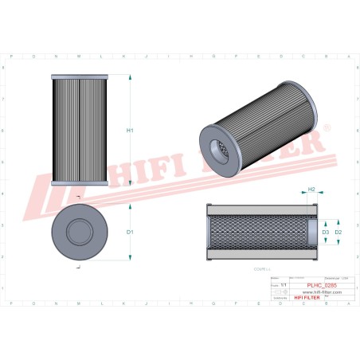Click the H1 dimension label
tap(130, 131)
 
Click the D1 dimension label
tap(130, 232)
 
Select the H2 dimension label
tap(312, 189)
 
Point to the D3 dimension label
tap(325, 233)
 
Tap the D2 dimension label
tap(338, 232)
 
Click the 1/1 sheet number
tap(284, 284)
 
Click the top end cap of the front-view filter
tap(79, 77)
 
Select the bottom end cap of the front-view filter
tap(79, 182)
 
